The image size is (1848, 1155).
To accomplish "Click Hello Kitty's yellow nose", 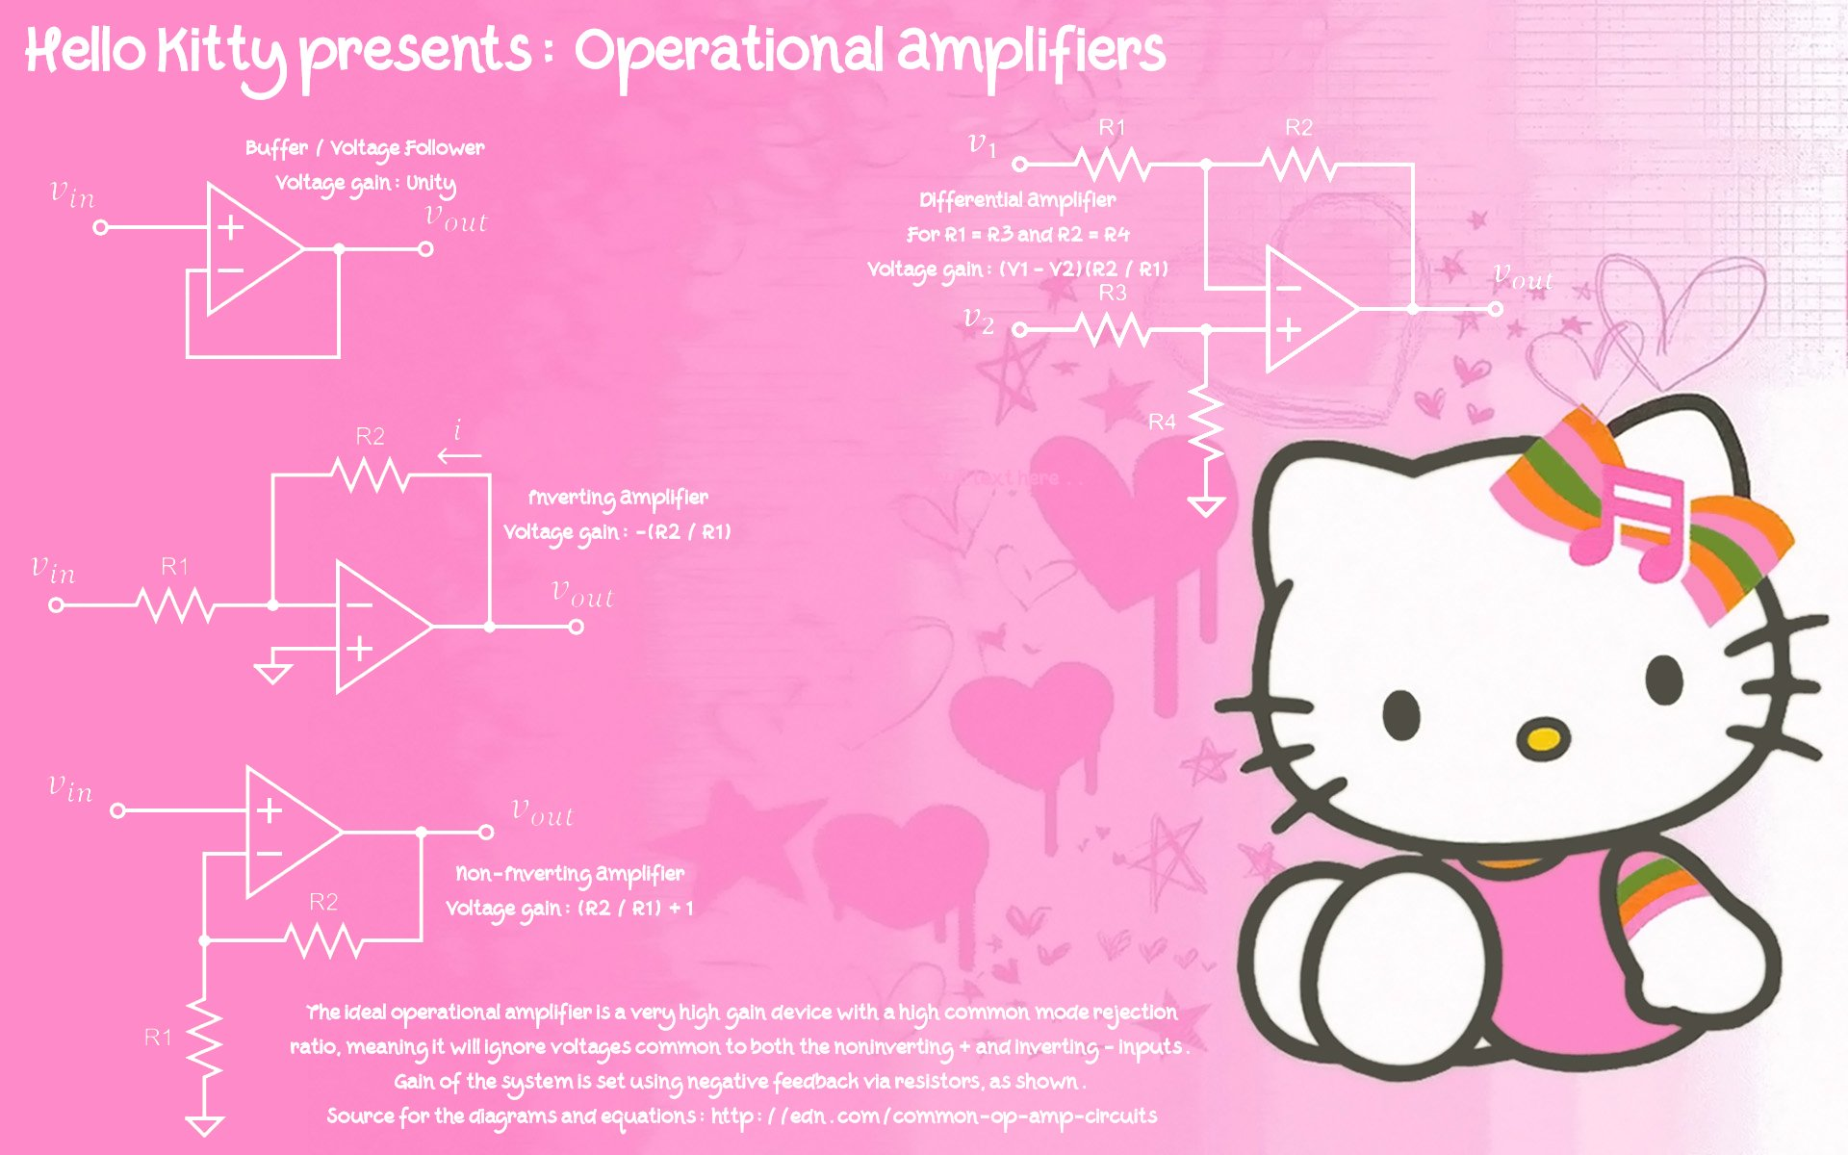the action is (1542, 739).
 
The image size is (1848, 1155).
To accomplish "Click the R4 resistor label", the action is (1162, 422).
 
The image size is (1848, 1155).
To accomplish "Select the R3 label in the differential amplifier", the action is (1113, 293).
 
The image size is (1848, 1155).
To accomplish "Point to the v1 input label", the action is (982, 146).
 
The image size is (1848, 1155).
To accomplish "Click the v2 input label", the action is (979, 320).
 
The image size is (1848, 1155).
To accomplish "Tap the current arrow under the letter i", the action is (460, 455).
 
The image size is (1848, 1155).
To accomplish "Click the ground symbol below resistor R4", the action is (1206, 506).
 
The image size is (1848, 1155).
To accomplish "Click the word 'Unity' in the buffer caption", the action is (431, 184).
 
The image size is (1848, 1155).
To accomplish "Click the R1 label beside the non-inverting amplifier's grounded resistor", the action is (158, 1037).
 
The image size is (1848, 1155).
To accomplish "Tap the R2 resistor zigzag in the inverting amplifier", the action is (370, 475).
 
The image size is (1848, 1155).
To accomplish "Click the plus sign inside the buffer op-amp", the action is (230, 227).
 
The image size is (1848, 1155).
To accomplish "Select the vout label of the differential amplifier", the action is (1523, 277).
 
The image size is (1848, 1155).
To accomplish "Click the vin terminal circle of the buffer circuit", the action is (100, 227).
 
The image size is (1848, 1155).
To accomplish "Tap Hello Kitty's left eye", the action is (1402, 715).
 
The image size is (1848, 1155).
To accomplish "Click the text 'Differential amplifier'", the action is (1017, 200).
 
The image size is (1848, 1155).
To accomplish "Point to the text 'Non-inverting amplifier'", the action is (570, 874).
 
